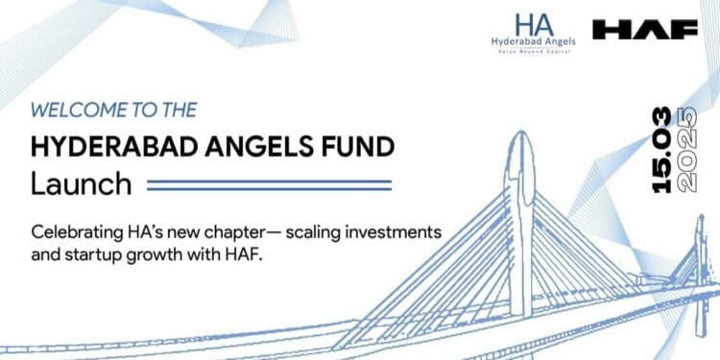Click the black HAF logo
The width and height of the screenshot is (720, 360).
coord(645,30)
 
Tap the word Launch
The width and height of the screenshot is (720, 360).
coord(80,183)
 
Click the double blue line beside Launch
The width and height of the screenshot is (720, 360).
coord(269,184)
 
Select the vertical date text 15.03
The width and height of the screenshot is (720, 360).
coord(661,153)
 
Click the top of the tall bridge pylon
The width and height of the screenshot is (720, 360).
coord(521,144)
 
